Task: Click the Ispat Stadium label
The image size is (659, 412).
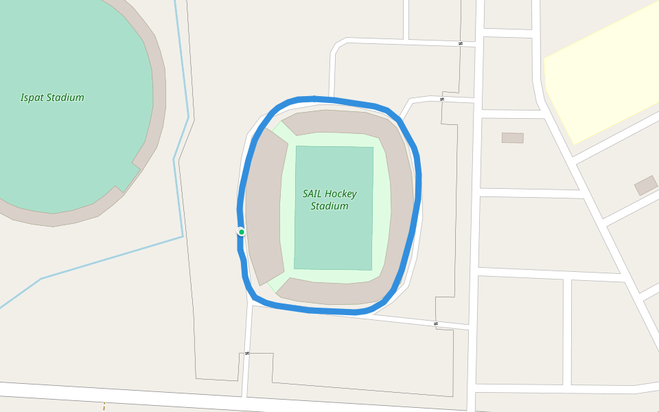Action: tap(52, 98)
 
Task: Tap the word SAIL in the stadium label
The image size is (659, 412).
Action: tap(312, 194)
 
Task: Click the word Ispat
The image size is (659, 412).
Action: tap(32, 98)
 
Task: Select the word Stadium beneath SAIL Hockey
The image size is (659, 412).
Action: tap(329, 206)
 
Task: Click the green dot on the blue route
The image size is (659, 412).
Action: tap(242, 232)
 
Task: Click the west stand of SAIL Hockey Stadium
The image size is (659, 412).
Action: tap(265, 206)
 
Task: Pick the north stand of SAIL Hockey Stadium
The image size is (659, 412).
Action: tap(336, 122)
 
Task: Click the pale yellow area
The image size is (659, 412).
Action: tap(604, 82)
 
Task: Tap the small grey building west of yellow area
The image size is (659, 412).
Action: tap(512, 138)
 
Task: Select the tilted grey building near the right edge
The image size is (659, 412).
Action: tap(645, 185)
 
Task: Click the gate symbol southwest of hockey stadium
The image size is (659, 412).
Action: tap(247, 353)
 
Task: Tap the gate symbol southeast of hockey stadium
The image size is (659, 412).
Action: tap(436, 323)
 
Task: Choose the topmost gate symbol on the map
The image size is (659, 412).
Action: tap(461, 43)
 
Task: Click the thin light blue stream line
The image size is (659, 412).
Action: tap(110, 258)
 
